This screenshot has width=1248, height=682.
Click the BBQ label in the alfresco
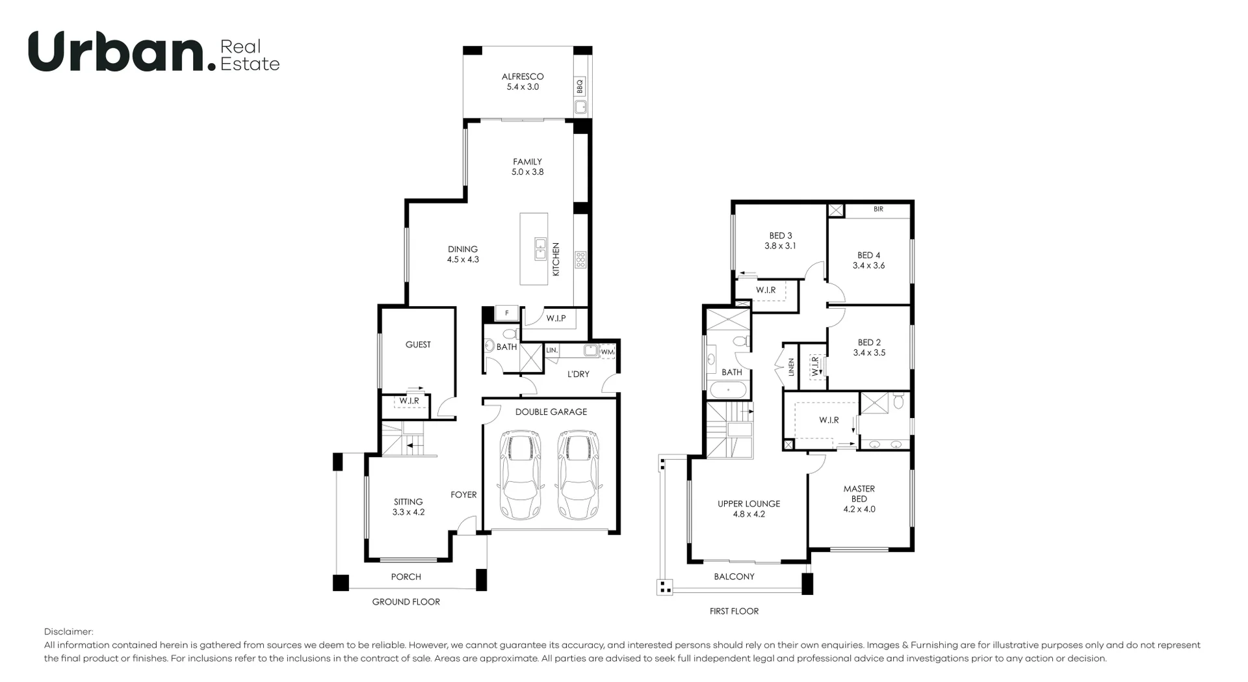click(x=580, y=86)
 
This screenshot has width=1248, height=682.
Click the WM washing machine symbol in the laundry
click(x=607, y=352)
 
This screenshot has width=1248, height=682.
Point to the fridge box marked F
click(x=506, y=313)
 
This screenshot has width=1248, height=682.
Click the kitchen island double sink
click(x=540, y=249)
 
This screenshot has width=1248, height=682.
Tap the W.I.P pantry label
click(x=556, y=319)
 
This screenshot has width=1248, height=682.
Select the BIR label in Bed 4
click(x=878, y=209)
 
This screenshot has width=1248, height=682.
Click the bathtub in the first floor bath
click(x=727, y=391)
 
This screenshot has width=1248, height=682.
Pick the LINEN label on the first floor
click(x=791, y=367)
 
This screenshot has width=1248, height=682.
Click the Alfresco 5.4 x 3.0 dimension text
click(x=523, y=87)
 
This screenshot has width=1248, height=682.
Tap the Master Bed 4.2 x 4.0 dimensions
click(x=859, y=509)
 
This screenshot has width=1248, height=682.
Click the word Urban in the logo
click(x=117, y=52)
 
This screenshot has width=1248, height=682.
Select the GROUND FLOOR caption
click(x=406, y=602)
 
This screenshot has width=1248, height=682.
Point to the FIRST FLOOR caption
click(x=734, y=611)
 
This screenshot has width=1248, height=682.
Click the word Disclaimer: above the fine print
click(x=69, y=632)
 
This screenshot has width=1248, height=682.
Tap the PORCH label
click(x=406, y=577)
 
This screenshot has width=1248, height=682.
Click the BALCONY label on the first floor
click(x=734, y=577)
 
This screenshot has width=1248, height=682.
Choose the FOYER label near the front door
click(x=463, y=495)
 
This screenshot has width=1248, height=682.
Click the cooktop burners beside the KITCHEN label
click(x=580, y=260)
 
